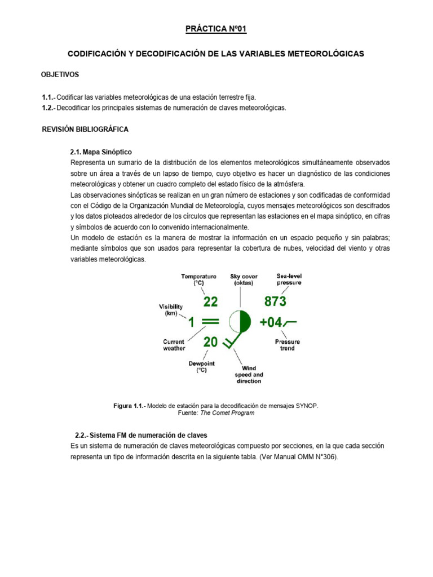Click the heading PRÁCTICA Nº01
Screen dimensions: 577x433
click(x=216, y=29)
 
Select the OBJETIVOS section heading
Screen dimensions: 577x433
click(x=60, y=74)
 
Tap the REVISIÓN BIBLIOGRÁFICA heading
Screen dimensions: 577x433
click(x=85, y=129)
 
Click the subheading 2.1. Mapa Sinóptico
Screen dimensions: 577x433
click(x=99, y=152)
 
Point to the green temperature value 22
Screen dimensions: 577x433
click(x=210, y=302)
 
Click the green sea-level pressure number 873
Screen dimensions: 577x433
click(x=275, y=301)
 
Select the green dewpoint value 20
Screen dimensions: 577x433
click(x=210, y=342)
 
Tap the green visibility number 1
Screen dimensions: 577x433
click(x=191, y=322)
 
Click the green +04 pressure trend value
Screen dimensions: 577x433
click(x=271, y=322)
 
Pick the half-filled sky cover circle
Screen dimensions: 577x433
click(x=240, y=322)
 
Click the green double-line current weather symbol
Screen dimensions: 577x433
click(x=210, y=322)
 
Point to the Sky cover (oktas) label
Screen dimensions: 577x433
click(x=244, y=279)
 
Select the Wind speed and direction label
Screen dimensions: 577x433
click(x=249, y=375)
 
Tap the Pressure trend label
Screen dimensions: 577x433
click(x=287, y=345)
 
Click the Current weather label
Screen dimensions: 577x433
click(x=174, y=345)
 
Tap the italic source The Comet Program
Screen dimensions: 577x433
click(x=231, y=413)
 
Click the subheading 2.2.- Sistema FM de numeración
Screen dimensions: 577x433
click(x=141, y=435)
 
